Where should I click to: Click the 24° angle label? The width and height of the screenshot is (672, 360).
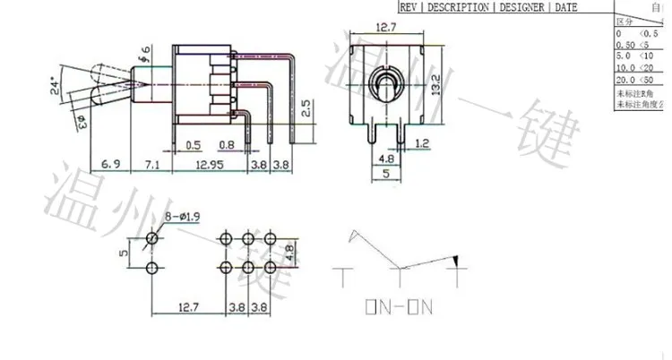(x=56, y=86)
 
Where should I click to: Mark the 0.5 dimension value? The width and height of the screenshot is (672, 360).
(x=192, y=146)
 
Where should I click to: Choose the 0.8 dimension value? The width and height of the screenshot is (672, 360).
(x=227, y=146)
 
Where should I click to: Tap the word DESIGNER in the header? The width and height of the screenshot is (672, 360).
(x=523, y=7)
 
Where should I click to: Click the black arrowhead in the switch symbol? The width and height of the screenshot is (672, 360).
(x=458, y=261)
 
